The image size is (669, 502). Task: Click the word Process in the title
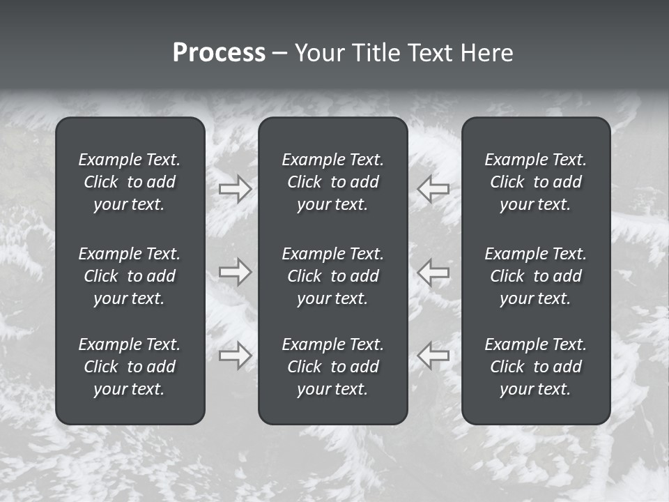click(219, 53)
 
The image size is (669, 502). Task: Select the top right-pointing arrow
click(236, 189)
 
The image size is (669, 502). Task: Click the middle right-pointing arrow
click(236, 272)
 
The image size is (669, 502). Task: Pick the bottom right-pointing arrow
click(236, 355)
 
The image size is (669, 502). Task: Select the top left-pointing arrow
click(433, 189)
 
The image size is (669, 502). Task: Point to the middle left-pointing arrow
click(433, 272)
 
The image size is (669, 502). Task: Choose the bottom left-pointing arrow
click(433, 355)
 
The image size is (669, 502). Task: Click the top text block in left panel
click(130, 182)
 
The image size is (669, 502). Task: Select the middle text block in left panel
click(130, 276)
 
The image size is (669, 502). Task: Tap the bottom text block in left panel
click(130, 367)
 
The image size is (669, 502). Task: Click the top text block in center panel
click(332, 182)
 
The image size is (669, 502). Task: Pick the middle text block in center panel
click(332, 276)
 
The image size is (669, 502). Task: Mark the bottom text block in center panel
click(332, 367)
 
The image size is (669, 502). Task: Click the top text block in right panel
click(535, 182)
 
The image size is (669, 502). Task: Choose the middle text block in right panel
click(535, 276)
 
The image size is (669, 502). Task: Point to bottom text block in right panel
click(535, 367)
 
